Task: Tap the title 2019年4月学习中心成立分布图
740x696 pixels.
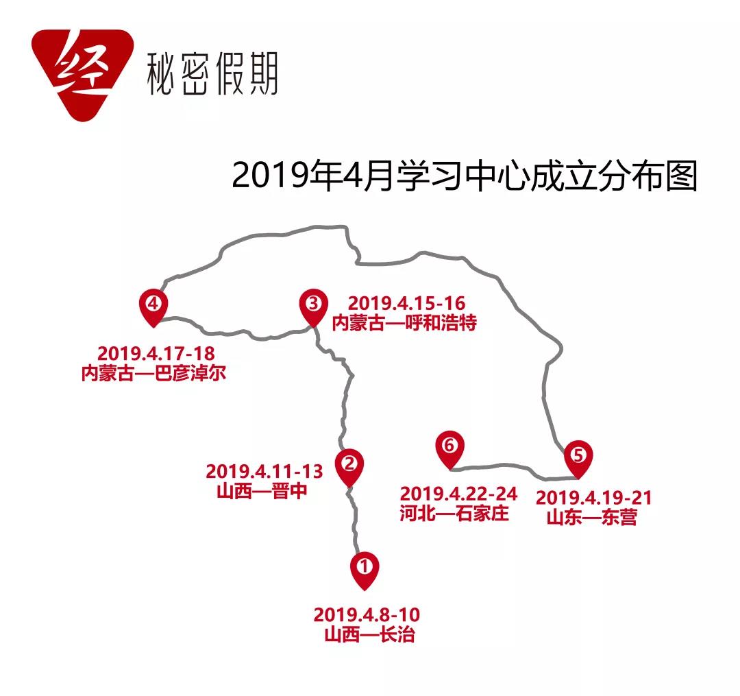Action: (464, 177)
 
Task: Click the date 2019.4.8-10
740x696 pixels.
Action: (366, 615)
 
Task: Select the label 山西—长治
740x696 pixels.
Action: (369, 634)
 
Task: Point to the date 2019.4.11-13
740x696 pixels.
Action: (264, 472)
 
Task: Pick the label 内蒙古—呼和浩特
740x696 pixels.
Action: (404, 322)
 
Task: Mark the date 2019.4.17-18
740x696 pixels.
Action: (156, 355)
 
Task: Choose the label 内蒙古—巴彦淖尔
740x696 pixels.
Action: (153, 374)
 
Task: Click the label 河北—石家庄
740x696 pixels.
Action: (455, 513)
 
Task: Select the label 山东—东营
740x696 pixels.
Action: (592, 518)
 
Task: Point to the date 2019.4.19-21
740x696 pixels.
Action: (593, 498)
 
